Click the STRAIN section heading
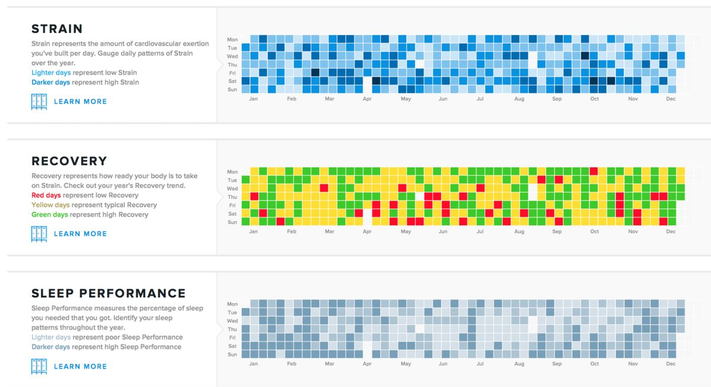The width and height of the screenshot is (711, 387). click(x=57, y=29)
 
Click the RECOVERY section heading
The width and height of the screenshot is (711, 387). click(x=69, y=161)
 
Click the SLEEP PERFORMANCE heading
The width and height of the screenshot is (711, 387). click(x=108, y=293)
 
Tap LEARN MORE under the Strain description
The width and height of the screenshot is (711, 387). click(x=81, y=101)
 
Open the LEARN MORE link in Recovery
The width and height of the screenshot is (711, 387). click(x=81, y=234)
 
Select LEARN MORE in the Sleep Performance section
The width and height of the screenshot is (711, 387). click(x=81, y=366)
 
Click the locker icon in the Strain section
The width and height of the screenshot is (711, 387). click(x=39, y=102)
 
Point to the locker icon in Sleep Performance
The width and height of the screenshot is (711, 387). click(x=39, y=366)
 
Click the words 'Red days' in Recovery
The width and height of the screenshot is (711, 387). click(x=46, y=195)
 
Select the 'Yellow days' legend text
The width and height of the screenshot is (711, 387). click(x=50, y=205)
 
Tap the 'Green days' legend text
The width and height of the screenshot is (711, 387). click(x=50, y=215)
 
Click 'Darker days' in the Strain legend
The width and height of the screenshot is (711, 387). click(x=50, y=82)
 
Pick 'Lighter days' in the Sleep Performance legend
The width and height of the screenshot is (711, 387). click(x=51, y=337)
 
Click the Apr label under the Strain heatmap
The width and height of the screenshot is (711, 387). click(x=367, y=99)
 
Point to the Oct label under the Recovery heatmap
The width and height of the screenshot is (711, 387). click(x=594, y=231)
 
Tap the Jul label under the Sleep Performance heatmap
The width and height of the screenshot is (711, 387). click(x=480, y=363)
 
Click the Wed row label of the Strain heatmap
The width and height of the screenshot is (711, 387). click(x=232, y=56)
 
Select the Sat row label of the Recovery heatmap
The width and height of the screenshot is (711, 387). click(x=233, y=214)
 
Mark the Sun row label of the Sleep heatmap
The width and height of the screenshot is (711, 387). click(x=232, y=354)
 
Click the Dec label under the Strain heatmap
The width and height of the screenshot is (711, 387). click(x=671, y=99)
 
